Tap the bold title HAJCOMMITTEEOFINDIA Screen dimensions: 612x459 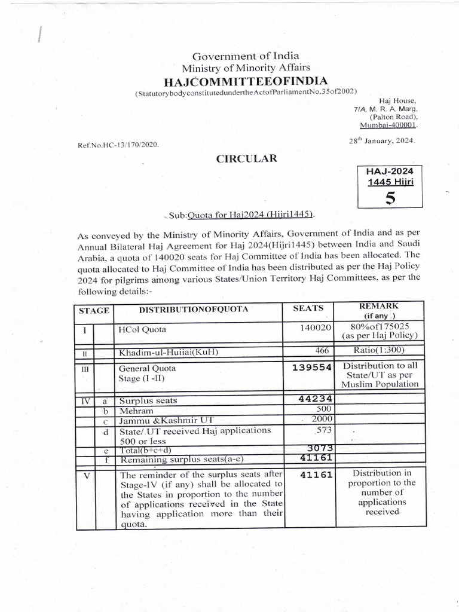246,81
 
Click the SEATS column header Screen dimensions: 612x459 308,309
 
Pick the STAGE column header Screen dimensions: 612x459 94,310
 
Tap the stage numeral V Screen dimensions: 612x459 86,476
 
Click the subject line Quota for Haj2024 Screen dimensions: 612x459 242,215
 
